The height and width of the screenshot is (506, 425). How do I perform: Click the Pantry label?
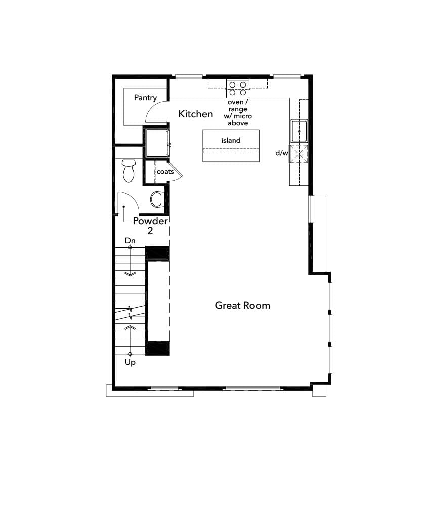[145, 98]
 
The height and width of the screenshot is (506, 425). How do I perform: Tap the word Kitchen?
[196, 114]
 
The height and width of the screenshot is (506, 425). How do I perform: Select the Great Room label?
[242, 305]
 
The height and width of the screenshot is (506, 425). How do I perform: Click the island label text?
[231, 140]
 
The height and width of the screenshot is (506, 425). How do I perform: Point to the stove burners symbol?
[238, 89]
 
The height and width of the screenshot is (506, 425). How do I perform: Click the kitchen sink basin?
[299, 131]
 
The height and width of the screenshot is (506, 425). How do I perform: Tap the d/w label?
[281, 152]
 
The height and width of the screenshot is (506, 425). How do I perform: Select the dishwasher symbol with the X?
[299, 153]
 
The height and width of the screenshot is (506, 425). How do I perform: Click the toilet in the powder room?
[129, 171]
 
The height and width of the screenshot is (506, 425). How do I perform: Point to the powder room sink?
[156, 199]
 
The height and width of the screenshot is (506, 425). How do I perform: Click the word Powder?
[150, 221]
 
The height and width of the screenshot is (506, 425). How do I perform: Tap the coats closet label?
[165, 172]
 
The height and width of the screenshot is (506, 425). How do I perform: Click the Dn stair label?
[130, 241]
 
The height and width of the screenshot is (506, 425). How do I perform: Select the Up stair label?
[130, 362]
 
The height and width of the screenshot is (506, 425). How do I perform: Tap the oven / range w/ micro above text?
[237, 113]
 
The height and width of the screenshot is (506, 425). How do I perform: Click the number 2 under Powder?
[150, 231]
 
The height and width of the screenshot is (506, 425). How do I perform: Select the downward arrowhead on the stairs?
[130, 274]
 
